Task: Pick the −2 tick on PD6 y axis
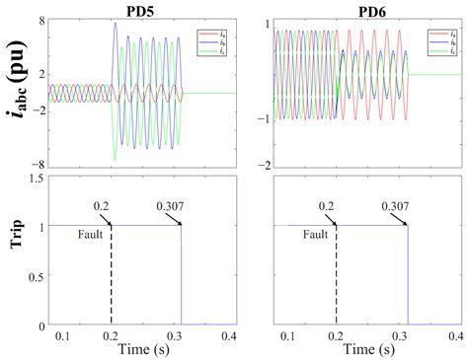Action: pyautogui.click(x=264, y=164)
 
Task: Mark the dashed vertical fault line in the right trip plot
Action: pyautogui.click(x=338, y=276)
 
